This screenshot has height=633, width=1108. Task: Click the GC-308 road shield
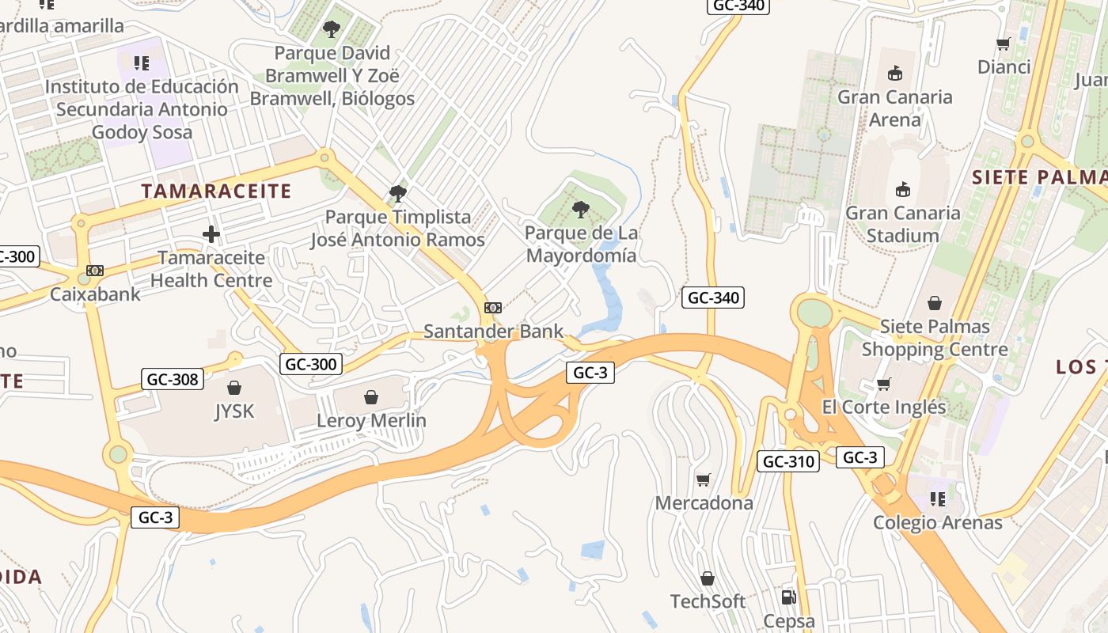(173, 379)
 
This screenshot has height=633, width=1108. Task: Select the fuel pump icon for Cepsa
(788, 597)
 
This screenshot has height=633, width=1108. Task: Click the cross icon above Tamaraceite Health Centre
(211, 234)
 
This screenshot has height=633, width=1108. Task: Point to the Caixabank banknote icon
(95, 271)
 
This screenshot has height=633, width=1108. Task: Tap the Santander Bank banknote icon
(493, 308)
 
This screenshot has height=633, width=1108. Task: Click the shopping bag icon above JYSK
(234, 388)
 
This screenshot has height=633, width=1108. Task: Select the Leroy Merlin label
(371, 420)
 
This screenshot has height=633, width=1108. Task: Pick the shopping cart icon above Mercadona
(703, 479)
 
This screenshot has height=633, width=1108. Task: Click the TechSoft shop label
(708, 601)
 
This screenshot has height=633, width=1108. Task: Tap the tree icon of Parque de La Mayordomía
(581, 210)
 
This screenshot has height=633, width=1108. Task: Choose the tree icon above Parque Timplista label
(397, 193)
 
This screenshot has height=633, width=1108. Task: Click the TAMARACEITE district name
(216, 191)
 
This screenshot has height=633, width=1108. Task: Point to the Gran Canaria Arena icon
(895, 74)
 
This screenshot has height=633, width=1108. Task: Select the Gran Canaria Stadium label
(902, 224)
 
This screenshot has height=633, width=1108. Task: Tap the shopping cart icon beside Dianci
(1004, 44)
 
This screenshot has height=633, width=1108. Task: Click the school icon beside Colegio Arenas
(938, 499)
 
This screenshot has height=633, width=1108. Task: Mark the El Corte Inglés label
(883, 407)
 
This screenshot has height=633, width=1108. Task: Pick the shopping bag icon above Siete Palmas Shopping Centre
(935, 303)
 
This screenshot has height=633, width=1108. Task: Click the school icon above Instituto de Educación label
(141, 63)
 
